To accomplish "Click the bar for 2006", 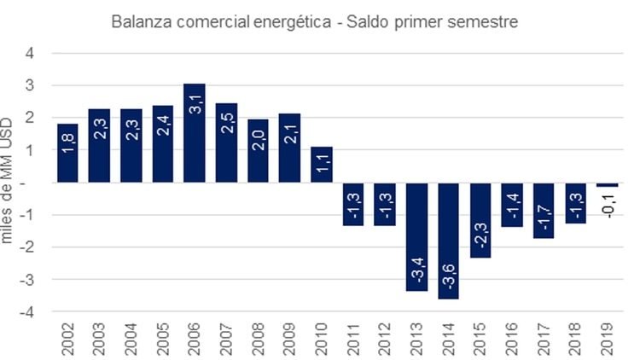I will click(194, 132).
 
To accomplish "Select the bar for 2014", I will click(448, 241).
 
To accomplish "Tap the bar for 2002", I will click(67, 153).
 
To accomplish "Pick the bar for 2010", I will click(321, 165).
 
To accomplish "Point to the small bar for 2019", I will click(607, 184).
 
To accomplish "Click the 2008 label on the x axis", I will click(258, 339).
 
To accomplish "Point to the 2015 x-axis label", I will click(480, 339).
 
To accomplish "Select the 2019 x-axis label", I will click(608, 339).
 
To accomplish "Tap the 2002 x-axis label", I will click(67, 339).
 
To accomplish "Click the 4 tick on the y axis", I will click(32, 53).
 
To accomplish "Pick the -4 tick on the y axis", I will click(28, 312).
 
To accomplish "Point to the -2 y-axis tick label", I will click(28, 247).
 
